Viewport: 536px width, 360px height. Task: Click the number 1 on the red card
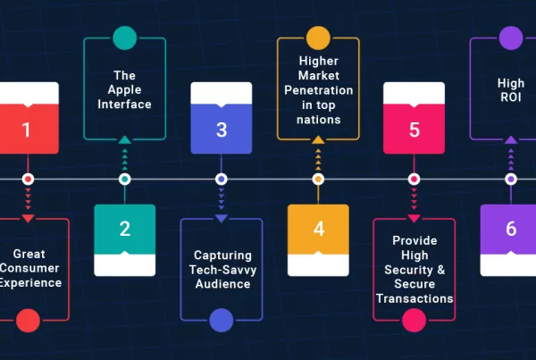coord(26,130)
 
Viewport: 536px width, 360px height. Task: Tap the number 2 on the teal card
coord(125,229)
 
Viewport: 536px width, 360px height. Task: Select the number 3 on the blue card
coord(222,130)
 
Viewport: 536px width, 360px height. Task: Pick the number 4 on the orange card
coord(319,229)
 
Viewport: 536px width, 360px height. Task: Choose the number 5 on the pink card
coord(415,130)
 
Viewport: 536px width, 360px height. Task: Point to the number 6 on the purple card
coord(511,229)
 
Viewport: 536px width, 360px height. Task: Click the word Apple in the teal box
coord(125,89)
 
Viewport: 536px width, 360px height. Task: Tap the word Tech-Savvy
coord(222,270)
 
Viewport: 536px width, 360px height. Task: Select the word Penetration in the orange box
coord(318,90)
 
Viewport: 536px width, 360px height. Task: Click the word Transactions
coord(415,298)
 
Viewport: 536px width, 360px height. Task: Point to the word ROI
coord(511,98)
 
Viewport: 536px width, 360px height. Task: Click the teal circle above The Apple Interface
coord(125,38)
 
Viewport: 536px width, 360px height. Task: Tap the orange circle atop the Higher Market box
coord(318,38)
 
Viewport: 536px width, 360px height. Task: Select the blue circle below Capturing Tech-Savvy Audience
coord(221,320)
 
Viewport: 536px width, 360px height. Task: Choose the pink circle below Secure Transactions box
coord(415,320)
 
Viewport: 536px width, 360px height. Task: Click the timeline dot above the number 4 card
coord(318,179)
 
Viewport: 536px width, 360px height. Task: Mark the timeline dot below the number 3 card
coord(222,179)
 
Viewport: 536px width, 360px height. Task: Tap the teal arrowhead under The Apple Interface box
coord(125,139)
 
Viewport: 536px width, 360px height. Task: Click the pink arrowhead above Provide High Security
coord(415,218)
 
